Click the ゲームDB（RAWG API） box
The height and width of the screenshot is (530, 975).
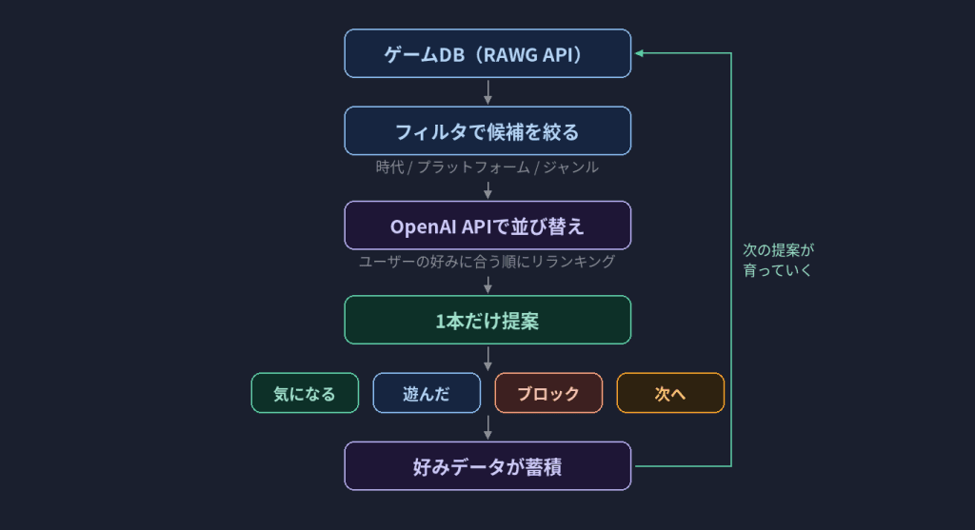[x=487, y=53]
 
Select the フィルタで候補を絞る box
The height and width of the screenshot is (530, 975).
[x=487, y=130]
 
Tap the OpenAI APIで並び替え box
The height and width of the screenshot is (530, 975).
[x=487, y=226]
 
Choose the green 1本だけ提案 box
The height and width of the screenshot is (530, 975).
[x=487, y=320]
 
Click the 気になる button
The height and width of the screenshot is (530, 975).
[x=305, y=393]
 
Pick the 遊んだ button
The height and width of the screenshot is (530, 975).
[x=427, y=393]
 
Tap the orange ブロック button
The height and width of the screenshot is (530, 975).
[x=548, y=393]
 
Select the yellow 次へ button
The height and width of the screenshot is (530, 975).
[x=670, y=393]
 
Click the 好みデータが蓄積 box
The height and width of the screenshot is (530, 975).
[x=487, y=466]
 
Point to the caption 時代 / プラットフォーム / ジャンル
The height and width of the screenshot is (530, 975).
[x=487, y=167]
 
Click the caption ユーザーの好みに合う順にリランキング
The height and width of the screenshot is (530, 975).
[x=487, y=262]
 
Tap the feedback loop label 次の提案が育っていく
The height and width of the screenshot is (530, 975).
[x=778, y=260]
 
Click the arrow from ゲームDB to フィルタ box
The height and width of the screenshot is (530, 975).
[x=487, y=92]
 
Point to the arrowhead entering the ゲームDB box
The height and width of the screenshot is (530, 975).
[x=640, y=53]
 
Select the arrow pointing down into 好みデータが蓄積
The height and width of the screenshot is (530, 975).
[x=487, y=428]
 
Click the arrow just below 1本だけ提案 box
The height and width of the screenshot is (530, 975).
[x=487, y=359]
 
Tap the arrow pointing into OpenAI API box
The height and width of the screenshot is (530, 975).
[x=487, y=189]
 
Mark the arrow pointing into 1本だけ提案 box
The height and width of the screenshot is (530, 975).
[x=487, y=284]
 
